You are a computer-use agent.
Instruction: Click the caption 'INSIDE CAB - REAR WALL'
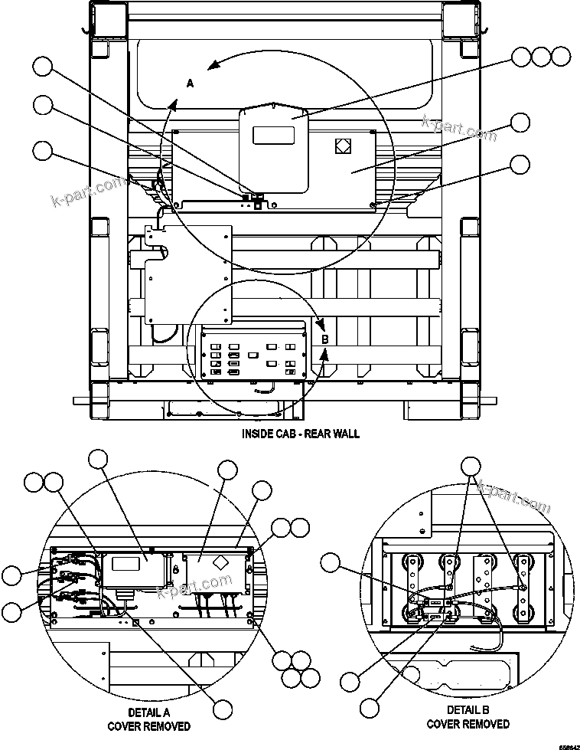[x=301, y=434]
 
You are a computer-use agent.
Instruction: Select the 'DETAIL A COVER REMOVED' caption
[x=148, y=719]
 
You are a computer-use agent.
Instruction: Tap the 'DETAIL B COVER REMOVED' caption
[x=468, y=716]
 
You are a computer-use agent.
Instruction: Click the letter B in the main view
[x=324, y=338]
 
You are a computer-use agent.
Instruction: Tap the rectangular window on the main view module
[x=274, y=135]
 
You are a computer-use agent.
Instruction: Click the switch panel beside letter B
[x=253, y=353]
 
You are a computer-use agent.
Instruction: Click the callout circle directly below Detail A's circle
[x=222, y=709]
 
